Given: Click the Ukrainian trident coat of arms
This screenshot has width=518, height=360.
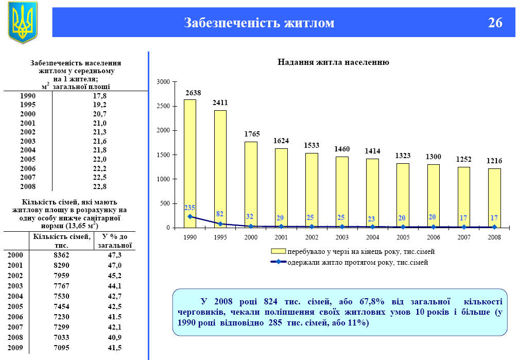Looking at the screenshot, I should (23, 22).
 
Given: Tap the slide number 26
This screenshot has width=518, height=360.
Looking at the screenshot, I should (495, 23).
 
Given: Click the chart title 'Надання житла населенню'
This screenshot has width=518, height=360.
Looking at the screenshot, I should (333, 62).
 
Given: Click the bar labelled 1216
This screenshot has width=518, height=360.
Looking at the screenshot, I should (494, 198).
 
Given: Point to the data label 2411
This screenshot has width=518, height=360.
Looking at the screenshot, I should (220, 102).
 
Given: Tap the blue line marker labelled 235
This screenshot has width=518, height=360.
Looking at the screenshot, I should (190, 216).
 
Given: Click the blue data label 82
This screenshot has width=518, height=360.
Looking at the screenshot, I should (220, 214).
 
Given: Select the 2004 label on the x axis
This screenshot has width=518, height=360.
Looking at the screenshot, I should (372, 237).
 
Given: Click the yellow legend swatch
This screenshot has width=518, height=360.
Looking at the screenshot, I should (279, 251).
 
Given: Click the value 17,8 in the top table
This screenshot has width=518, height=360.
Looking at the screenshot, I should (99, 96).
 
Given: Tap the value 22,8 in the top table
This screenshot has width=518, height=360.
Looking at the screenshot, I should (99, 187).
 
